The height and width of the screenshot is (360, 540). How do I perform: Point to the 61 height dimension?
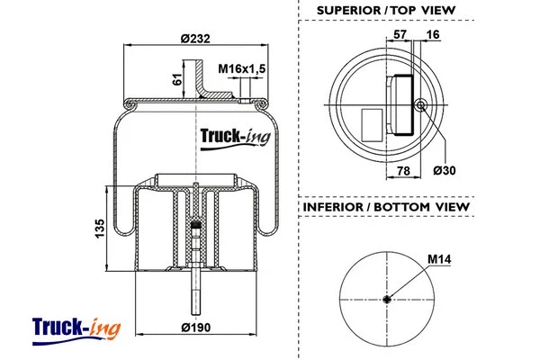pos(177,81)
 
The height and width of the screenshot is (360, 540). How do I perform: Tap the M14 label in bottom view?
pos(438,259)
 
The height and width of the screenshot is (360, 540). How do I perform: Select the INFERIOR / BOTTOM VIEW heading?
pos(386,207)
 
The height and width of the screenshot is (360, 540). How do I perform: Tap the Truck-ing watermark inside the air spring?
pos(233,139)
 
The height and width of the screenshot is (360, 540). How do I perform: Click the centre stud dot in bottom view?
pos(386,300)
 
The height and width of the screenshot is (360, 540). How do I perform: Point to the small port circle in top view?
pos(420,105)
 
